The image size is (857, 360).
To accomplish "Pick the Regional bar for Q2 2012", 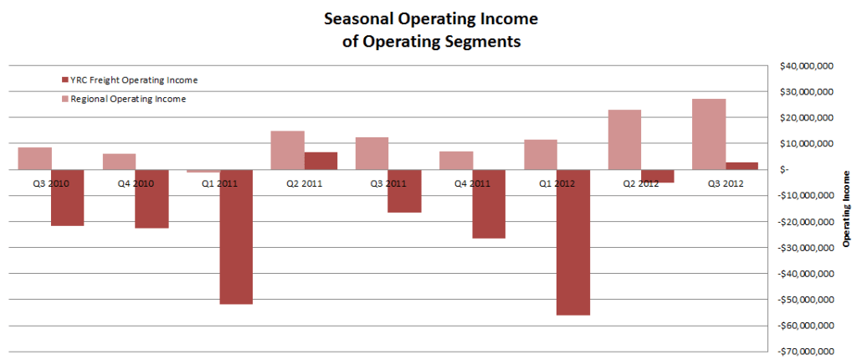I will tap(624, 140).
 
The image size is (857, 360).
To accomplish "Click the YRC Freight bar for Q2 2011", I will tap(321, 161).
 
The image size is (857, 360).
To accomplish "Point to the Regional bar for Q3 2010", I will tap(34, 158).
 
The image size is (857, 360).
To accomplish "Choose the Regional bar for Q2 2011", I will tap(287, 150).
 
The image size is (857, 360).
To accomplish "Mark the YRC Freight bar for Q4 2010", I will tap(151, 198).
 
